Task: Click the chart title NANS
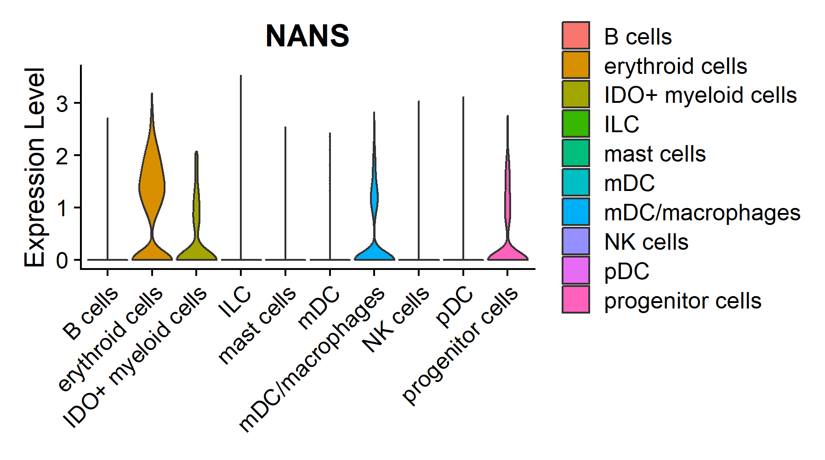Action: [307, 36]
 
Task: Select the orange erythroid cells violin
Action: [152, 184]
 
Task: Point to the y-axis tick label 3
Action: [62, 104]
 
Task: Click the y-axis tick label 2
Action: [62, 156]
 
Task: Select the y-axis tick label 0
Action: [62, 260]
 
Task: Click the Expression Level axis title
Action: [34, 168]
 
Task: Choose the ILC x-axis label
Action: [235, 302]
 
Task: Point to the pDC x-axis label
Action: [455, 307]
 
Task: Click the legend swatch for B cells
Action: [575, 35]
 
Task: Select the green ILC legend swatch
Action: [575, 123]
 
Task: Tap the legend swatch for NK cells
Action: [575, 241]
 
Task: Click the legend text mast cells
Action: [654, 154]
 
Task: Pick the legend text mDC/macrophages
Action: [702, 213]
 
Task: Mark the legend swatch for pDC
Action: [575, 270]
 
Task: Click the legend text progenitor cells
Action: [683, 301]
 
